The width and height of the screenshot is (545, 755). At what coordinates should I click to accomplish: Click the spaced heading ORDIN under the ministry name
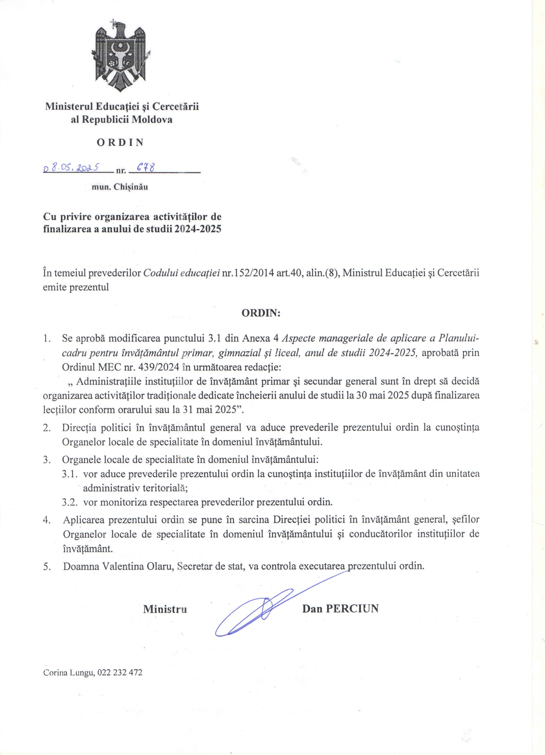[x=120, y=142]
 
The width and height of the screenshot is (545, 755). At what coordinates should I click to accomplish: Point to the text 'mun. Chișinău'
[x=120, y=187]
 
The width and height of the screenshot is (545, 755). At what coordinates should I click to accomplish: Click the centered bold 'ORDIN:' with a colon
[x=261, y=313]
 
